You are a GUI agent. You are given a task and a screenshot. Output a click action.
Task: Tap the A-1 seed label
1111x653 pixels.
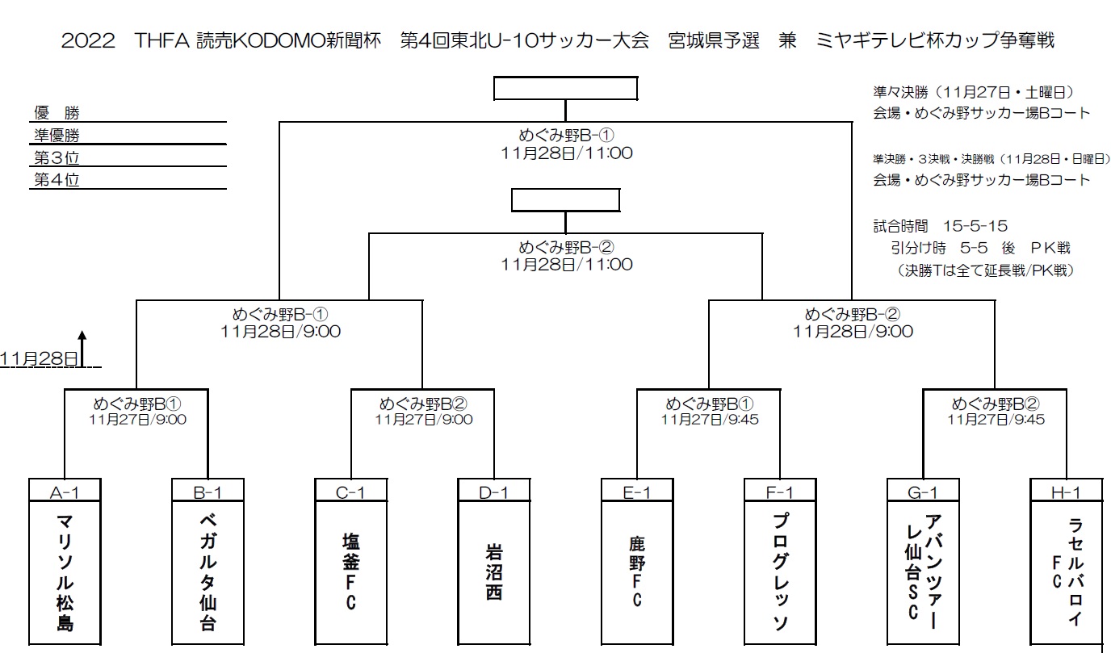click(64, 491)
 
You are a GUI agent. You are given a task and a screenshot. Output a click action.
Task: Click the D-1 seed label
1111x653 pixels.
click(494, 491)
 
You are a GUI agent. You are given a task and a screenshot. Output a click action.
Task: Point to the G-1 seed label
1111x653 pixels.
click(923, 491)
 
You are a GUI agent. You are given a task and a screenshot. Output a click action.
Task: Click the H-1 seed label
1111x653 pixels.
click(1067, 491)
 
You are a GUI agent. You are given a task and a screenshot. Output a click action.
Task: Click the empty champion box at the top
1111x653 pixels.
click(565, 88)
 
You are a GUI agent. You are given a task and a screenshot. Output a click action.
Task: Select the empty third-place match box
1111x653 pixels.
click(565, 199)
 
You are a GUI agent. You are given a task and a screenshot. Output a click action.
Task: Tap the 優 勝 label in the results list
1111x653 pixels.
click(57, 113)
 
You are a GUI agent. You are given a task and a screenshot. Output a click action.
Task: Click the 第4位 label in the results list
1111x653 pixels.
click(57, 180)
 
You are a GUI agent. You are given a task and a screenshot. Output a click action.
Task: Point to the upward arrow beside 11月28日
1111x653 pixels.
click(82, 348)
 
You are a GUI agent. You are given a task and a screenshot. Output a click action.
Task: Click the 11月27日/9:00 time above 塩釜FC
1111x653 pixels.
click(423, 420)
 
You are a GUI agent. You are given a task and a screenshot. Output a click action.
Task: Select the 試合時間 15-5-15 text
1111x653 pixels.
click(940, 227)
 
